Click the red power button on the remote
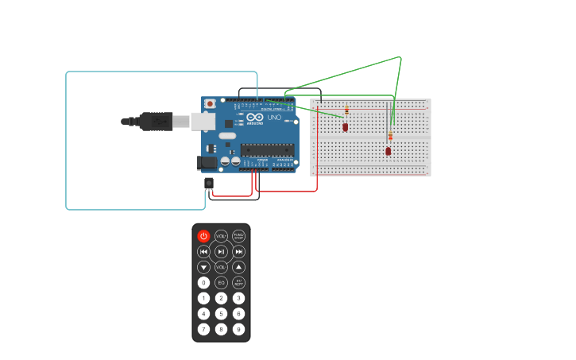[x=203, y=236]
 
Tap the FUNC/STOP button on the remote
[x=238, y=236]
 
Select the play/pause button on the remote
[x=221, y=251]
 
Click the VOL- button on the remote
[x=221, y=267]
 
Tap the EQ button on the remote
[x=221, y=282]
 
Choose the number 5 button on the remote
[x=221, y=313]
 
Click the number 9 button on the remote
[x=238, y=329]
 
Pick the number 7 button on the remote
[x=203, y=329]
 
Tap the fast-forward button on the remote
[x=238, y=251]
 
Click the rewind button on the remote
[x=203, y=251]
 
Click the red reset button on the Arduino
[x=210, y=103]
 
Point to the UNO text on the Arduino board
[x=274, y=118]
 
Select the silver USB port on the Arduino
[x=203, y=121]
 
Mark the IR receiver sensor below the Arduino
[x=209, y=184]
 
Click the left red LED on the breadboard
[x=345, y=126]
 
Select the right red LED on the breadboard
[x=389, y=150]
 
